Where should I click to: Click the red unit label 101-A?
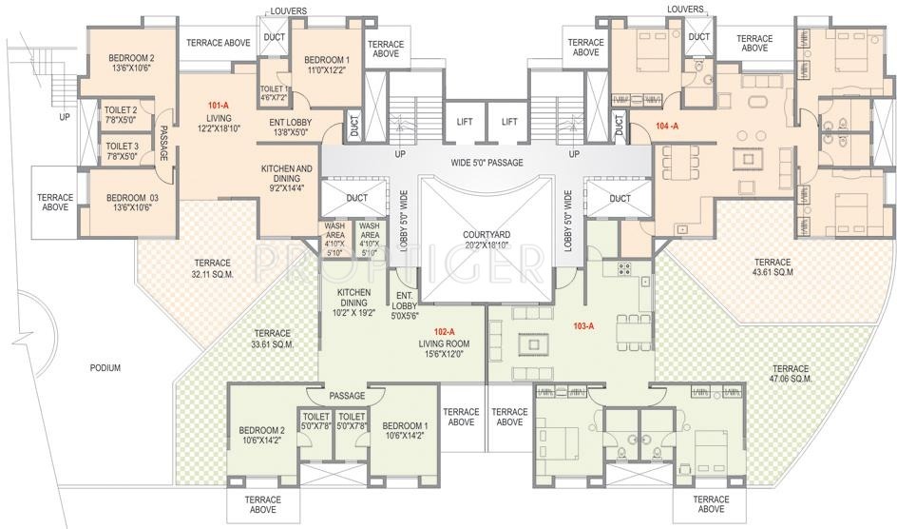click(x=218, y=106)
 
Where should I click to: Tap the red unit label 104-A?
click(x=667, y=126)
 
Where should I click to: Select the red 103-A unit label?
click(x=583, y=326)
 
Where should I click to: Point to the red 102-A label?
click(x=444, y=331)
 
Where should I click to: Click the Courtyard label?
click(x=487, y=240)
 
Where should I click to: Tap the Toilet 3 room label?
click(x=122, y=151)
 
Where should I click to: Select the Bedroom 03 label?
click(x=132, y=204)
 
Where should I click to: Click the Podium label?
click(x=105, y=368)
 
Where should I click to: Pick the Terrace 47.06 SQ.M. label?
click(x=791, y=374)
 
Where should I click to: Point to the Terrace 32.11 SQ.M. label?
click(x=212, y=268)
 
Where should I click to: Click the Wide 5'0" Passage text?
click(x=487, y=163)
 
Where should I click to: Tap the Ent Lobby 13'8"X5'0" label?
click(x=291, y=127)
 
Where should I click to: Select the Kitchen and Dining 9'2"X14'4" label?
click(x=287, y=178)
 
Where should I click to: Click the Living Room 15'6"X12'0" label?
click(x=444, y=348)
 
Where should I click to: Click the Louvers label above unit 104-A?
click(x=685, y=10)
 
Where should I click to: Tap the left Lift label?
click(x=465, y=122)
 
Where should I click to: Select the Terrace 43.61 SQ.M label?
click(x=773, y=266)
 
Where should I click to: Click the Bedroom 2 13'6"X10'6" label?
click(x=131, y=63)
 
